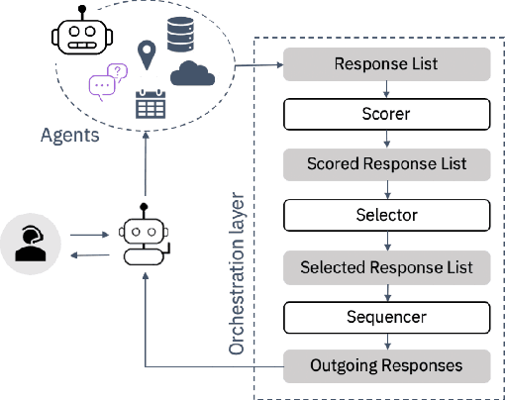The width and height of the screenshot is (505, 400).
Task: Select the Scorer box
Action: [x=387, y=114]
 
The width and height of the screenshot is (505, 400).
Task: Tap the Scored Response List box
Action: [x=387, y=163]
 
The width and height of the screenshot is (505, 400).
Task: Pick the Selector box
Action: [x=387, y=214]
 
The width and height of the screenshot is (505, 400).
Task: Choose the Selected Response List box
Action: [x=387, y=266]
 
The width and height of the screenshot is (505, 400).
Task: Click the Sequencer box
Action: [x=387, y=317]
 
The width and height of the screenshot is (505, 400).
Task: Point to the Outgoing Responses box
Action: [x=387, y=366]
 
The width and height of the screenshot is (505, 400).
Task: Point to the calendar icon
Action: [x=150, y=105]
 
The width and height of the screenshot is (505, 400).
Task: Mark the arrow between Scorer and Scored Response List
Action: [x=387, y=139]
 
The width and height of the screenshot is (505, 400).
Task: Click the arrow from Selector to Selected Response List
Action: [x=387, y=240]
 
